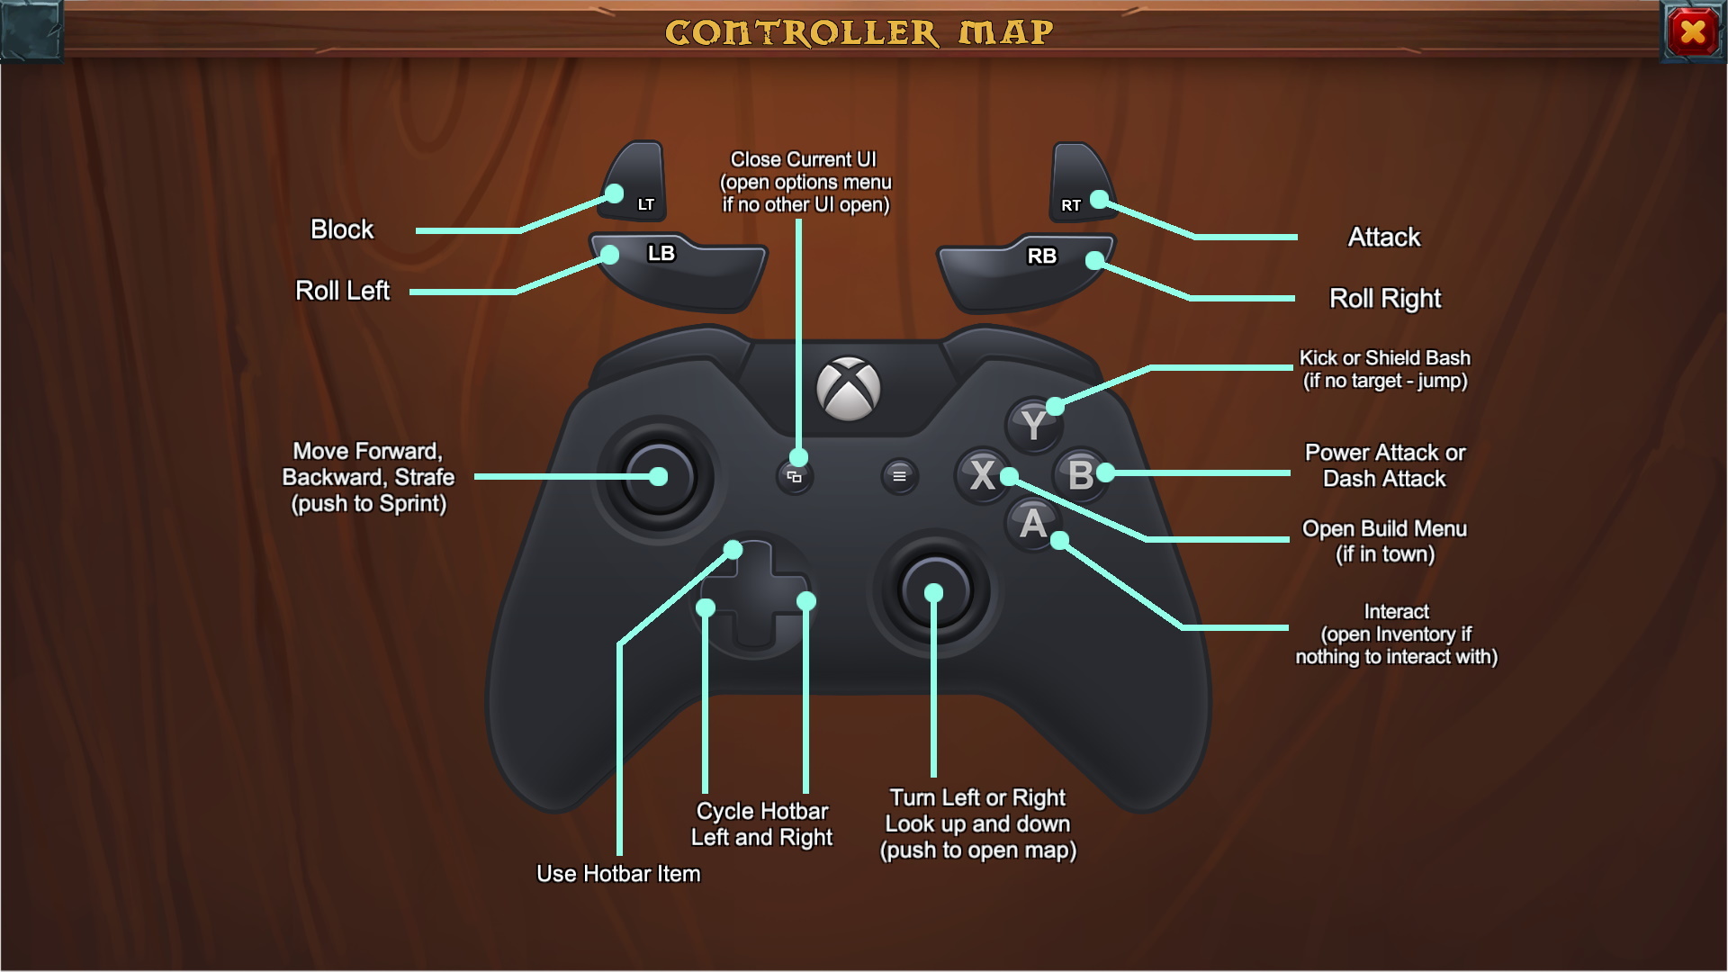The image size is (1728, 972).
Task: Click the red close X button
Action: (x=1692, y=32)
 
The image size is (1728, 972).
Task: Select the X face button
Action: (x=982, y=474)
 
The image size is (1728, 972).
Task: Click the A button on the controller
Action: (x=1032, y=524)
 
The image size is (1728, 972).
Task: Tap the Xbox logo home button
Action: (x=848, y=389)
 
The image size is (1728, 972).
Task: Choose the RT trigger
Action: (x=1079, y=184)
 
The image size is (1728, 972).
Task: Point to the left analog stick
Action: (x=659, y=477)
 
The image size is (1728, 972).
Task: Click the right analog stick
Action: (x=934, y=592)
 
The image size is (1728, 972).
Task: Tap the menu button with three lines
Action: (x=899, y=476)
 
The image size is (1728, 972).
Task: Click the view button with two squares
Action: (x=794, y=477)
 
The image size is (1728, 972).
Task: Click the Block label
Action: (x=341, y=229)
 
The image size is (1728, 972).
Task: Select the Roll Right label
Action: (x=1384, y=298)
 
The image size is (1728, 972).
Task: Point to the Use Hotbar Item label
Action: (x=618, y=873)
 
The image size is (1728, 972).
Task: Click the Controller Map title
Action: (x=859, y=32)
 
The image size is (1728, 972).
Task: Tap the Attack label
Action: (x=1383, y=237)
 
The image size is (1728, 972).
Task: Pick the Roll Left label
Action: (x=342, y=291)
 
